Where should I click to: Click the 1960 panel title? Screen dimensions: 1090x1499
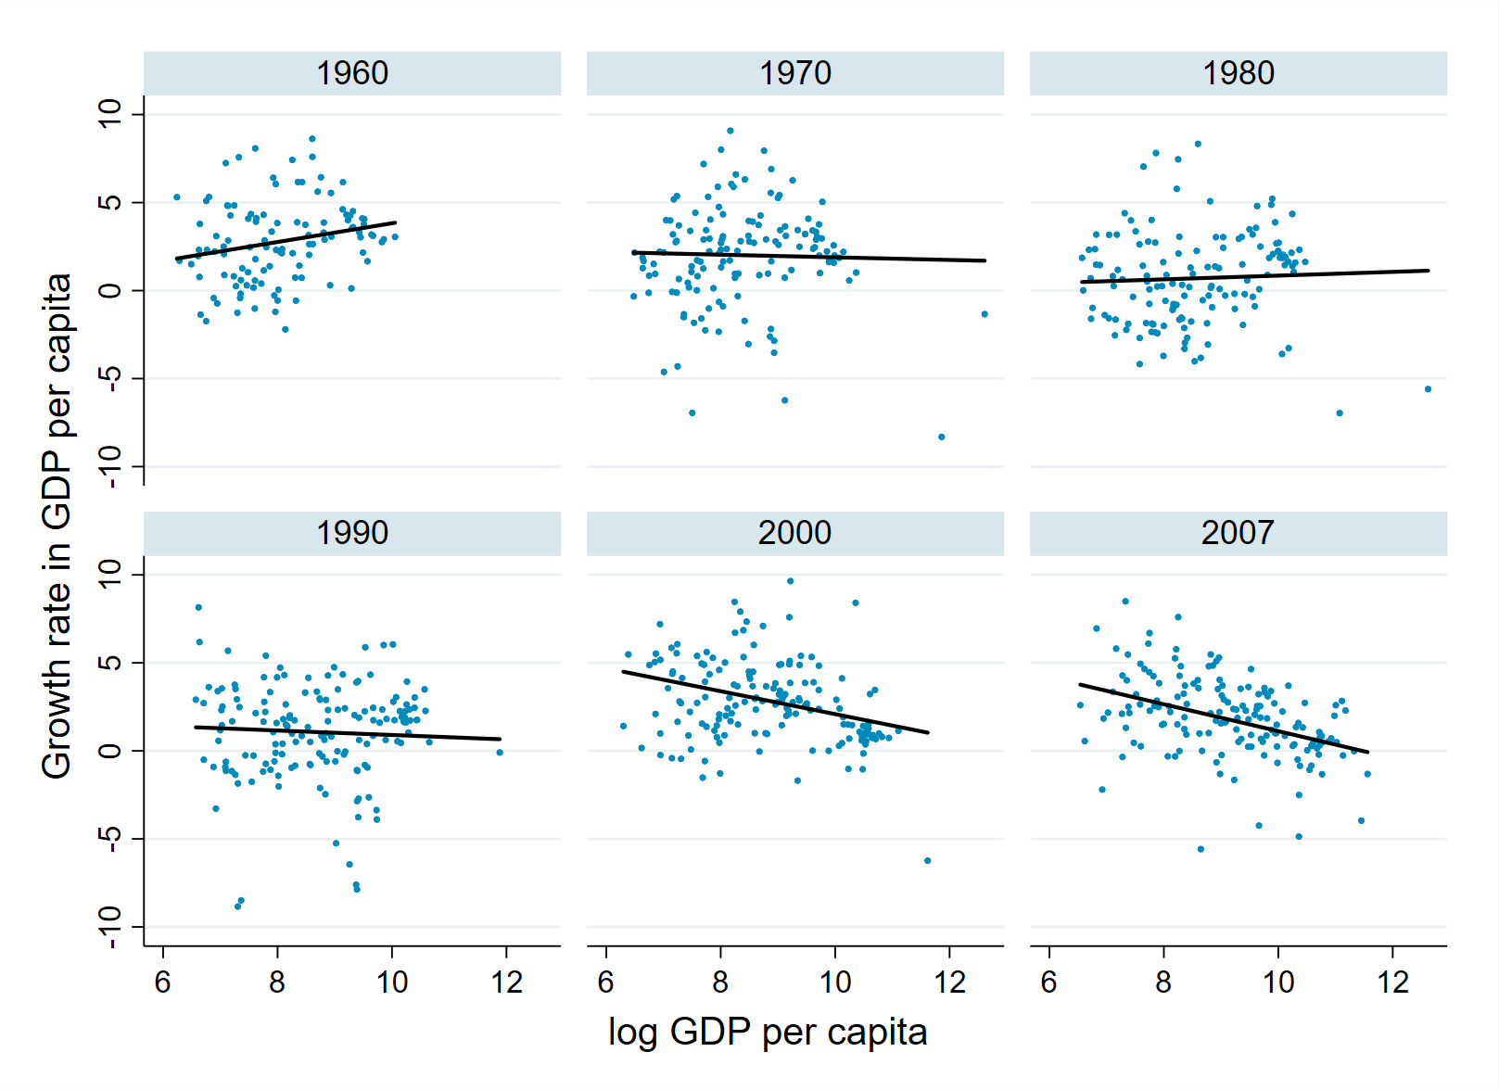[x=352, y=73]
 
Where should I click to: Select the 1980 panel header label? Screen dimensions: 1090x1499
[x=1239, y=73]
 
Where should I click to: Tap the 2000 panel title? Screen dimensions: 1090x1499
[x=794, y=533]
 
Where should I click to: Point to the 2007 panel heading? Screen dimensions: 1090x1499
[x=1238, y=533]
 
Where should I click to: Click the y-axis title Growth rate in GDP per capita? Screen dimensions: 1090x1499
[x=57, y=526]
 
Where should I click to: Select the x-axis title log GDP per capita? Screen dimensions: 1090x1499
[x=768, y=1032]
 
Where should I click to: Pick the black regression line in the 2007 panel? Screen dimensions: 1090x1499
[x=1224, y=718]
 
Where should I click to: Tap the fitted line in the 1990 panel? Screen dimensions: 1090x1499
[x=348, y=733]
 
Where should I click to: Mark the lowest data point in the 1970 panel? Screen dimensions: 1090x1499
[x=942, y=437]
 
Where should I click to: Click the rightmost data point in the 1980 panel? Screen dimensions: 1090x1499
[x=1429, y=389]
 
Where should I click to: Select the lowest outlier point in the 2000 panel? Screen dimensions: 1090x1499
[x=927, y=861]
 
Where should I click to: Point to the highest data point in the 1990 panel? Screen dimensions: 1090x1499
[x=198, y=608]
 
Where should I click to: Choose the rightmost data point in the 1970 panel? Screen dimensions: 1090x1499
[x=985, y=314]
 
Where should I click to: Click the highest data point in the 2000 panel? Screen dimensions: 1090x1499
[x=790, y=581]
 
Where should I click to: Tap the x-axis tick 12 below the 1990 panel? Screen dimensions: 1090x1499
[x=507, y=982]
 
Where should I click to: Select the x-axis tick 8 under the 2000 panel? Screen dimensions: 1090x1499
[x=720, y=982]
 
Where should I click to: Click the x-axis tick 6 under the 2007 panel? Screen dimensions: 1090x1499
[x=1049, y=982]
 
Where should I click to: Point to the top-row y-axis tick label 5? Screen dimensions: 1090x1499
[x=110, y=202]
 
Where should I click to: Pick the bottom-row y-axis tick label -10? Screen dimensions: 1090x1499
[x=110, y=927]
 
